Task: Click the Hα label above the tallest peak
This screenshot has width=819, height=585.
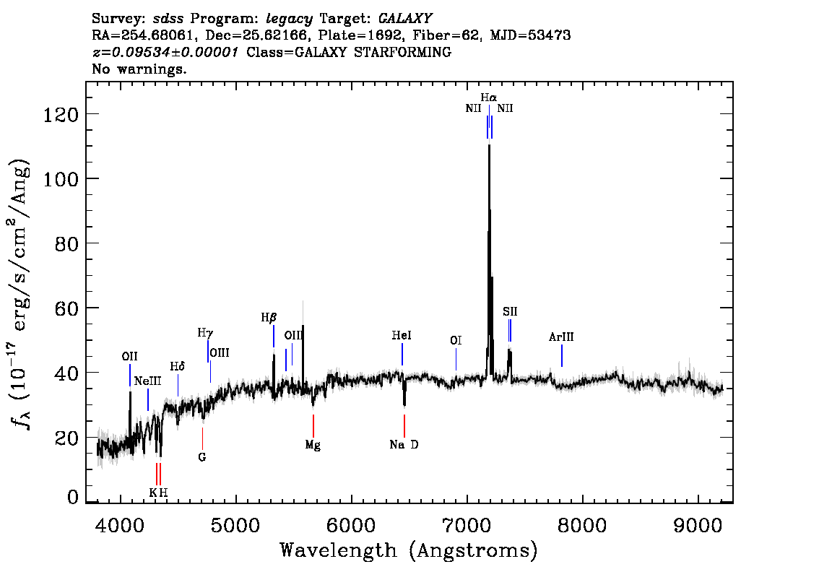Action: point(489,97)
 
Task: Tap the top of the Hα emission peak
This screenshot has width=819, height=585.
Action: point(489,144)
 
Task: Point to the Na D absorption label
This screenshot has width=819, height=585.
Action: point(404,444)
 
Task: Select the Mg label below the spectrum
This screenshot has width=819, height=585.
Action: point(313,445)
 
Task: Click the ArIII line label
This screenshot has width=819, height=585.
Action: point(561,337)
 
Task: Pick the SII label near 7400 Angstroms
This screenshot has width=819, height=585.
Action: point(510,312)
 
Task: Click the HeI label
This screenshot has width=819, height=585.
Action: point(402,335)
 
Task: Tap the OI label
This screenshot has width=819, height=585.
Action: point(456,341)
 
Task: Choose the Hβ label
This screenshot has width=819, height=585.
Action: point(269,317)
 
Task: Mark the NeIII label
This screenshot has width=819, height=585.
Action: point(147,381)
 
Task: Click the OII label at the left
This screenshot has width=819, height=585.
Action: point(129,356)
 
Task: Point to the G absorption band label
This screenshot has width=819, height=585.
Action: point(202,457)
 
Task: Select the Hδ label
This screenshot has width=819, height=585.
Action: point(178,367)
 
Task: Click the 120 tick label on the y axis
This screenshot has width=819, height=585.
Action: point(60,114)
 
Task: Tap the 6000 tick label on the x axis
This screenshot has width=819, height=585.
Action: point(351,525)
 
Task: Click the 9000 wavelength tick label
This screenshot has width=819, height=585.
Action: point(697,525)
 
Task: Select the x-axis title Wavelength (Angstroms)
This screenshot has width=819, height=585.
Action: point(409,550)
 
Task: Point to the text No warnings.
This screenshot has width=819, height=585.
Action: point(139,69)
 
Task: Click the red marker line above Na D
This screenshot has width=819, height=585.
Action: point(404,425)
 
